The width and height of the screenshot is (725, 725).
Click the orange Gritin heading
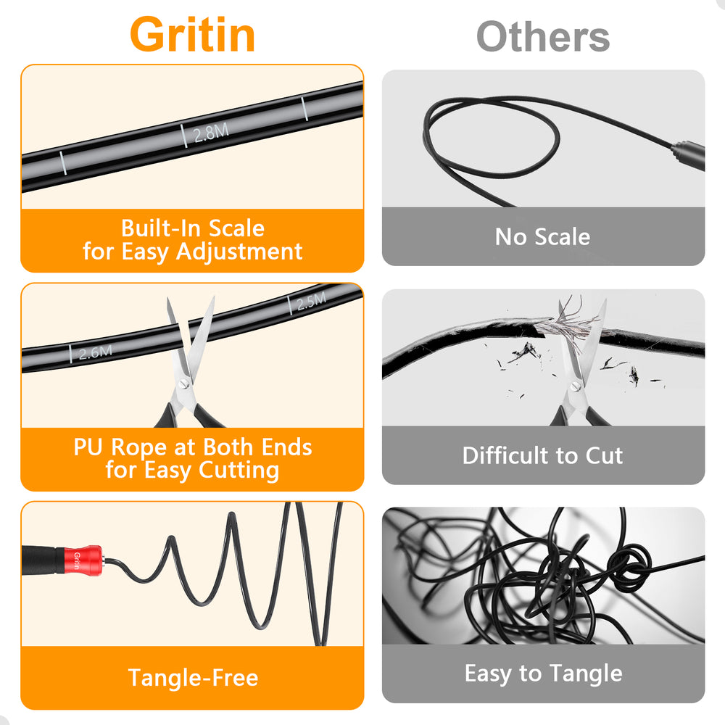pyautogui.click(x=192, y=35)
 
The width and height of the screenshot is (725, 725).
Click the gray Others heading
pyautogui.click(x=543, y=37)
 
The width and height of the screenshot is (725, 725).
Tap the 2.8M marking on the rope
pyautogui.click(x=211, y=133)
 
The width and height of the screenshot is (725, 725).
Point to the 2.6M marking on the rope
pyautogui.click(x=95, y=353)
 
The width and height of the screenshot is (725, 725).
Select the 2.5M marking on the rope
pyautogui.click(x=311, y=301)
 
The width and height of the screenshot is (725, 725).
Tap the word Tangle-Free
pyautogui.click(x=193, y=678)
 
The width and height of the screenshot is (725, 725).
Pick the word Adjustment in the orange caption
pyautogui.click(x=239, y=252)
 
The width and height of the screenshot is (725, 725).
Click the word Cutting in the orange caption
pyautogui.click(x=239, y=471)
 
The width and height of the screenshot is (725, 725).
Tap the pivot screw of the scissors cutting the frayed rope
pyautogui.click(x=576, y=386)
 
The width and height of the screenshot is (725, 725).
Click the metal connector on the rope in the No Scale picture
pyautogui.click(x=687, y=155)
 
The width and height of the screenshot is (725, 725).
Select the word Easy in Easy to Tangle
pyautogui.click(x=488, y=674)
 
